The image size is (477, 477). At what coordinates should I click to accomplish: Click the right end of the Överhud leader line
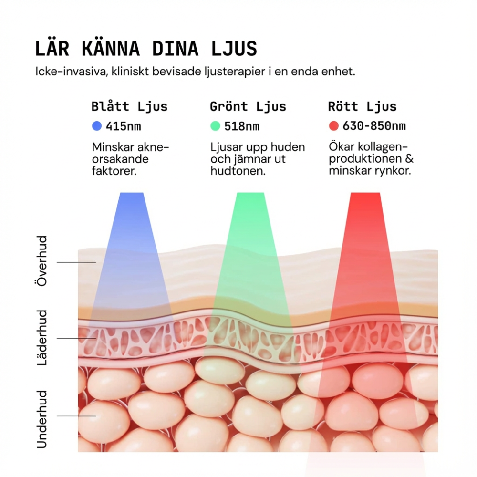(96, 262)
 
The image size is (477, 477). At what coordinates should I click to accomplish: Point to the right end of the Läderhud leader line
(96, 338)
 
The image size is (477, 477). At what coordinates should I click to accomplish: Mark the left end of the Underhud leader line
(57, 416)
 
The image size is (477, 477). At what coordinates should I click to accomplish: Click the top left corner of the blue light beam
(120, 193)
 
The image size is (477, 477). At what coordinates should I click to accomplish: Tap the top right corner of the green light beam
(264, 193)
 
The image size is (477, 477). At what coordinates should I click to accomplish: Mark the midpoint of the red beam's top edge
(365, 193)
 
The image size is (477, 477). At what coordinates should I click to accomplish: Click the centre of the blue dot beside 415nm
(97, 126)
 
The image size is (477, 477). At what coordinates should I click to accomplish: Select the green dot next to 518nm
(215, 126)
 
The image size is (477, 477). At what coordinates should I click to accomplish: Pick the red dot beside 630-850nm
(334, 126)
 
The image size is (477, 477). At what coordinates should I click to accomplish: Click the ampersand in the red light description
(409, 159)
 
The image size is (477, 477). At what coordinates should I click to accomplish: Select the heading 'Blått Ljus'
(130, 107)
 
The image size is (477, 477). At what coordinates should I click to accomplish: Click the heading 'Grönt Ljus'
(248, 107)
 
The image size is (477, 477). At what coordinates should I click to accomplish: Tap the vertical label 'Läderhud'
(42, 338)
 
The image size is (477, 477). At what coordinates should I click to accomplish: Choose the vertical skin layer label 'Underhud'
(42, 419)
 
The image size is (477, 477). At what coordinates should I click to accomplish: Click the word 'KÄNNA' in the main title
(111, 49)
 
